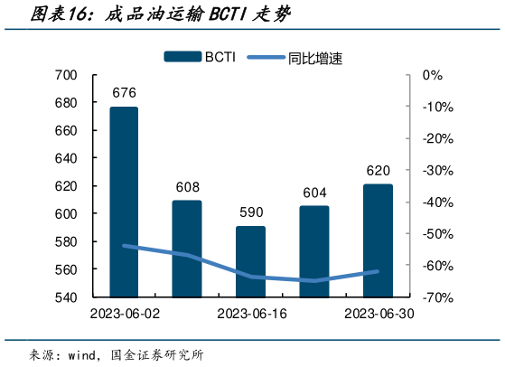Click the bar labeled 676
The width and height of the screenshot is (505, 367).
point(124,201)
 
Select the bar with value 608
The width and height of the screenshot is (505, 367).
point(187,248)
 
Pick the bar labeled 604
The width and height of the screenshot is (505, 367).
point(314,250)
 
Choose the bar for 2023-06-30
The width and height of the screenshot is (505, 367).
point(379,240)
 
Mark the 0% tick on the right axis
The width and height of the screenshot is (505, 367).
point(433,75)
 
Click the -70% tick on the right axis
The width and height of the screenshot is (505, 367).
point(436,296)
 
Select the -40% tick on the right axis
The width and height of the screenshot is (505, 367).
point(436,202)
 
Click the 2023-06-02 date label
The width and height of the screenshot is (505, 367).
point(124,313)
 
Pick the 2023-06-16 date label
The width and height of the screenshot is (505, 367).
point(251,313)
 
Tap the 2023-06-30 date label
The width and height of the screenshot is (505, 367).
point(379,313)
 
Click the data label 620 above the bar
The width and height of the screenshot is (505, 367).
point(379,171)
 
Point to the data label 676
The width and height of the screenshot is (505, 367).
point(124,93)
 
